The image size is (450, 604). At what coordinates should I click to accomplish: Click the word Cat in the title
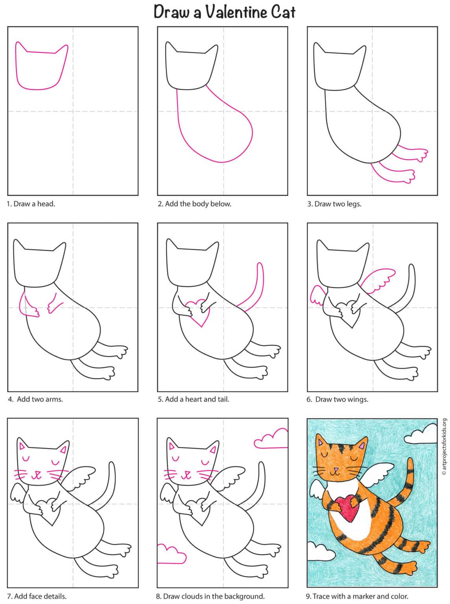coord(283,13)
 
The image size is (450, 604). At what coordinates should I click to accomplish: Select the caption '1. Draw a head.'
coord(31,204)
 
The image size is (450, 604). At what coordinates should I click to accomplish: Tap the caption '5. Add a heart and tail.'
coord(193,399)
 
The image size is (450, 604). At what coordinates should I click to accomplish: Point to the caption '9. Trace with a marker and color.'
coord(357,596)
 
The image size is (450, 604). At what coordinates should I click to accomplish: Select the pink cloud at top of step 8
coord(272,440)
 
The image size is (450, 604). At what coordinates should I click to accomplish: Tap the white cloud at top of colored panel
coord(420,435)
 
